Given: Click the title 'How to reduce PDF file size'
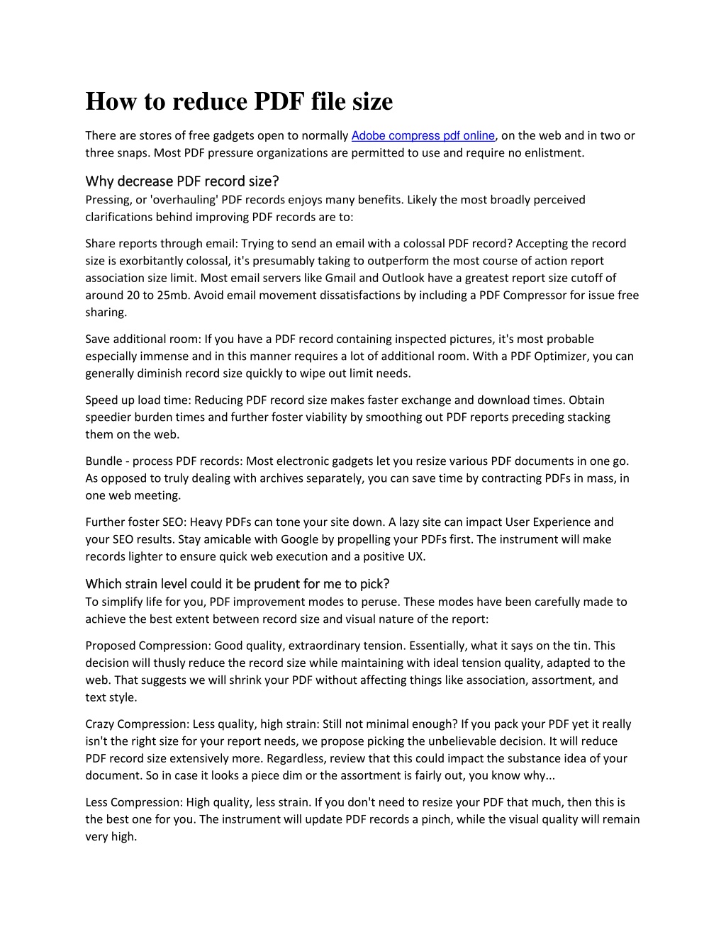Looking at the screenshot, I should (239, 101).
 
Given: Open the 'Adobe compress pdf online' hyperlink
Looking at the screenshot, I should (423, 135).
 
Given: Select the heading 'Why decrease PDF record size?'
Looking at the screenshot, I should (182, 181).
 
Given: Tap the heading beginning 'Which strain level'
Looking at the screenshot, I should (238, 584).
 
